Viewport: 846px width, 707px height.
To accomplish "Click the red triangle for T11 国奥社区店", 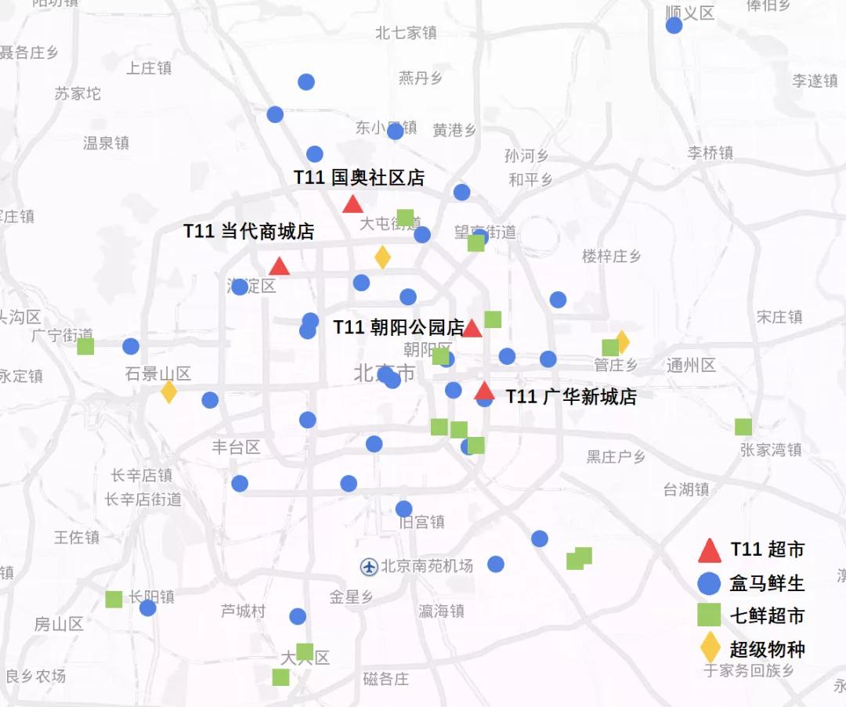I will (352, 204).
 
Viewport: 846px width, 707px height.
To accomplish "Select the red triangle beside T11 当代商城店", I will (279, 267).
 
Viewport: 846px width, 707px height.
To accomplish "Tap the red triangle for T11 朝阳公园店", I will (472, 329).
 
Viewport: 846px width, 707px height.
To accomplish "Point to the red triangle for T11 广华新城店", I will (484, 391).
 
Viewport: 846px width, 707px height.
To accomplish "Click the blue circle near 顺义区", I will (674, 26).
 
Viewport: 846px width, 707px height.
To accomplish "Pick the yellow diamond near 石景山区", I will (169, 391).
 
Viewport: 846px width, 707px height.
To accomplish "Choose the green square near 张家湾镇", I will (743, 427).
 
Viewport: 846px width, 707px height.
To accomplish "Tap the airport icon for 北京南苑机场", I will (369, 566).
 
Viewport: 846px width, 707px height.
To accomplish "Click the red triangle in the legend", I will (710, 551).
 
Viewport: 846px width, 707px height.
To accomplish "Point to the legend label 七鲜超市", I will (767, 616).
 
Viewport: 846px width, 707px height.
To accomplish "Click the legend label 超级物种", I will (767, 649).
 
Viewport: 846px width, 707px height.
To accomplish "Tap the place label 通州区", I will (692, 365).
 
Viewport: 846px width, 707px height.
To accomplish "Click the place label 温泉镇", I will (106, 142).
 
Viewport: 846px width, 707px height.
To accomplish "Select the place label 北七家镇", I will (406, 33).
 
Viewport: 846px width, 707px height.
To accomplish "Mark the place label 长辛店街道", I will (143, 499).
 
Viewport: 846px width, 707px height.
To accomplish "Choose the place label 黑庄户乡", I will (616, 456).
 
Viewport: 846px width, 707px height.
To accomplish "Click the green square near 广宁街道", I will (85, 346).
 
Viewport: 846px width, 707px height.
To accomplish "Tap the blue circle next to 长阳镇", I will (148, 608).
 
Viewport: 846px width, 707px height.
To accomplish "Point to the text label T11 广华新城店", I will (571, 397).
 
